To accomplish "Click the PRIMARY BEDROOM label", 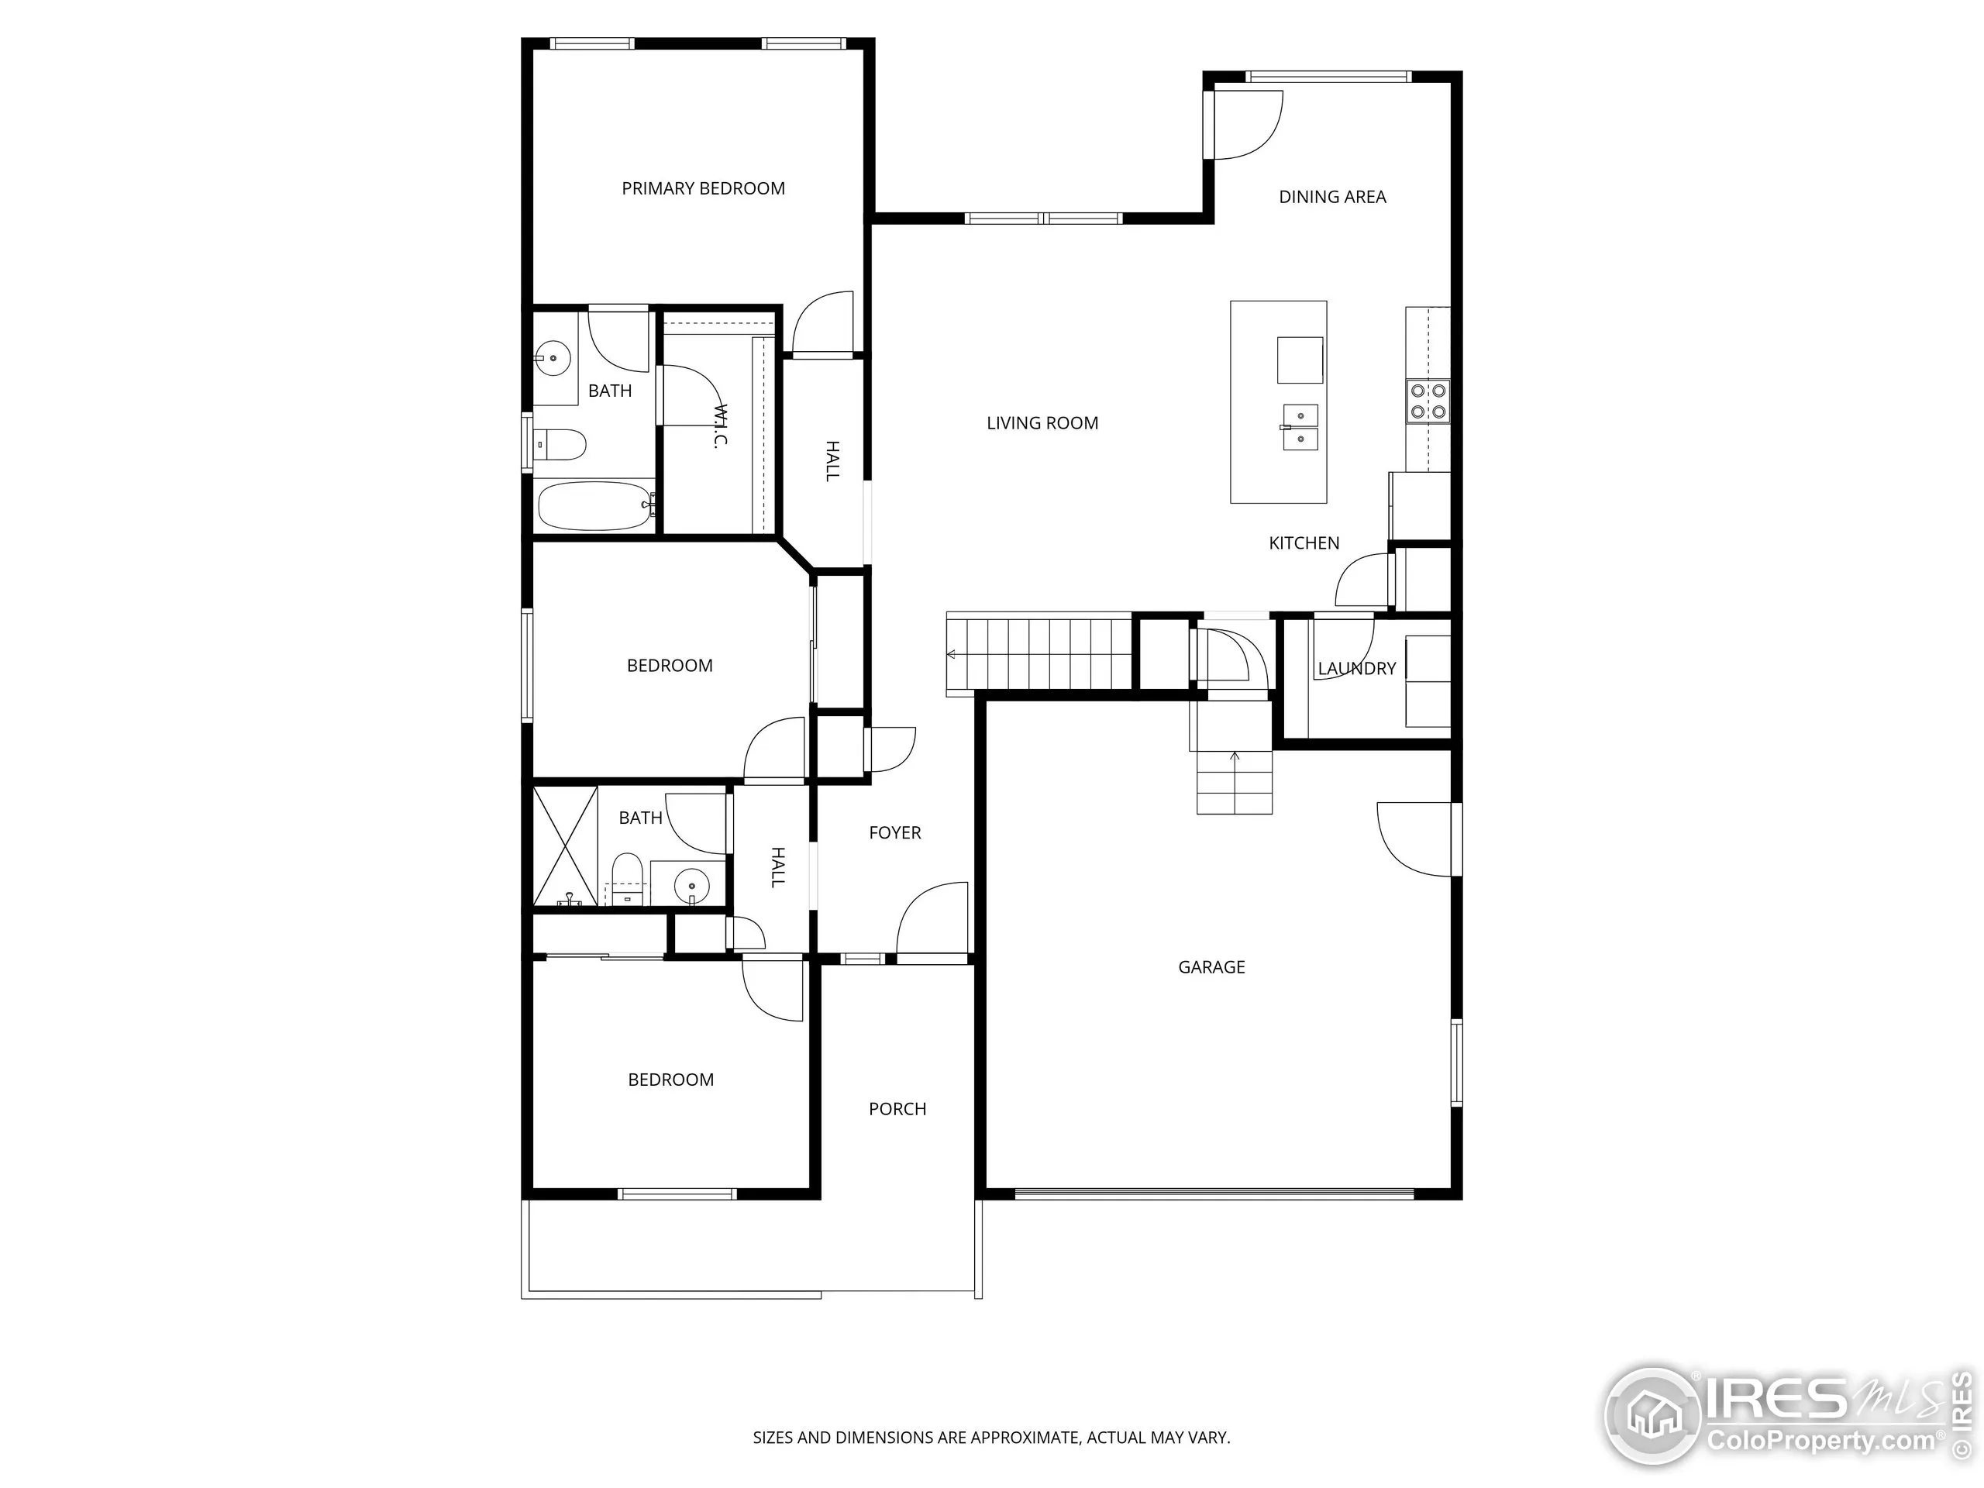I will [703, 188].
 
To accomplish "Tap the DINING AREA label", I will [1332, 196].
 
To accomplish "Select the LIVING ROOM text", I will [1042, 422].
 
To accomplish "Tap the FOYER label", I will [894, 832].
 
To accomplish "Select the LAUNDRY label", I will [1356, 668].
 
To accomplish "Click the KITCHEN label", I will [1304, 542].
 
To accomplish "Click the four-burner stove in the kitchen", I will [1428, 401].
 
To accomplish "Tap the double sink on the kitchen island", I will [1299, 428].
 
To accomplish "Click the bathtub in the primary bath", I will [594, 507].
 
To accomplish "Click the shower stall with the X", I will [565, 846].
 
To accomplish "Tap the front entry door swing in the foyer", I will [933, 919].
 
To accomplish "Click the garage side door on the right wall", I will [1415, 839].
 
